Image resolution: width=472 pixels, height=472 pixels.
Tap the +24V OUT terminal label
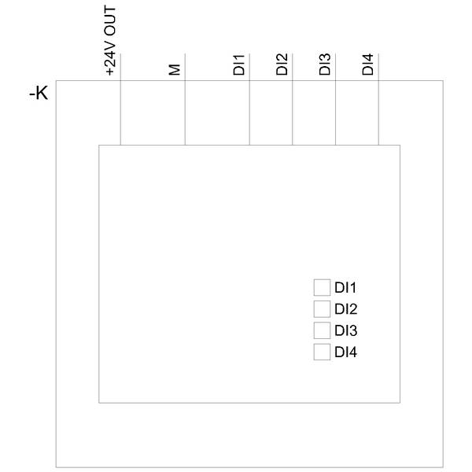pyautogui.click(x=110, y=39)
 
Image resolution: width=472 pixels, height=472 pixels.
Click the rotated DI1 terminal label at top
pyautogui.click(x=240, y=65)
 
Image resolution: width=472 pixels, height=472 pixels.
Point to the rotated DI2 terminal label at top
pyautogui.click(x=282, y=65)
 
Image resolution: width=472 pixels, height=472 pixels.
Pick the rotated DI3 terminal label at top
pyautogui.click(x=325, y=65)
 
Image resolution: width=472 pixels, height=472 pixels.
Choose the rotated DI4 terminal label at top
pyautogui.click(x=367, y=65)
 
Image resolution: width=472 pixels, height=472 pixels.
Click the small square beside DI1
pyautogui.click(x=321, y=287)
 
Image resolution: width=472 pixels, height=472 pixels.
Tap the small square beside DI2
pyautogui.click(x=321, y=308)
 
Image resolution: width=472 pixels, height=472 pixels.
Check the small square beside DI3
pyautogui.click(x=321, y=330)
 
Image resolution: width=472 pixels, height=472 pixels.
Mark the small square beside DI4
pyautogui.click(x=321, y=352)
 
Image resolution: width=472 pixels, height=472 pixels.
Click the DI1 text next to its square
pyautogui.click(x=346, y=288)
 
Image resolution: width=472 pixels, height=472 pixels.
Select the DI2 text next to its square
pyautogui.click(x=346, y=309)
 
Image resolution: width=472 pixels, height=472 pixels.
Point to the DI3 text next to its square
pyautogui.click(x=346, y=330)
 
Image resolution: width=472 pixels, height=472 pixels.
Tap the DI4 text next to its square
pyautogui.click(x=346, y=352)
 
